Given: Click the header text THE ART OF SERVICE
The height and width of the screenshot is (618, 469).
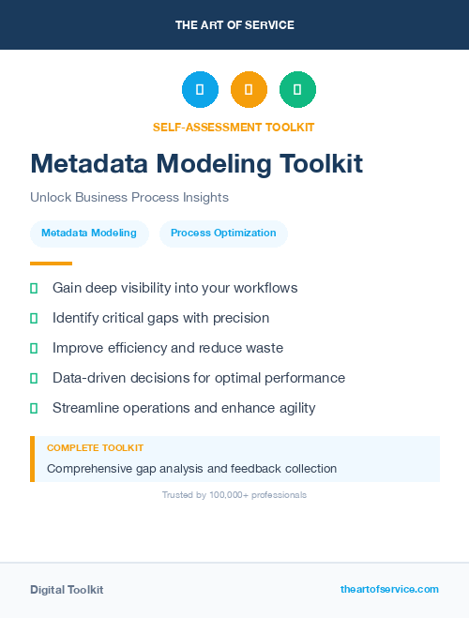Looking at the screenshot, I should [234, 25].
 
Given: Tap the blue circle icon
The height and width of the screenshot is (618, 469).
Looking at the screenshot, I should [200, 90].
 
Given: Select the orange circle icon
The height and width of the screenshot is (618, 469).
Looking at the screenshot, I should [249, 90].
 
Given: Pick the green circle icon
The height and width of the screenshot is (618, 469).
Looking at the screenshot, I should [297, 90].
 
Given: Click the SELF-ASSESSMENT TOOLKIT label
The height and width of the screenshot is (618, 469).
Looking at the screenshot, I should [234, 127].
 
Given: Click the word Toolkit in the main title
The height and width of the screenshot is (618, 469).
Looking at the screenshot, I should [320, 164].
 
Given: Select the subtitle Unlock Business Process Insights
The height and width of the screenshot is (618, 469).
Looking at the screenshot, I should [129, 198].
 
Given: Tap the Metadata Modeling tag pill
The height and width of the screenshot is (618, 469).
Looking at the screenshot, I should [89, 234].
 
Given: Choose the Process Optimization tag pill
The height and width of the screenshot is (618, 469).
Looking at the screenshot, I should [223, 234].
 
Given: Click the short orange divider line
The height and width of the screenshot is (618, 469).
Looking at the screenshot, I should [51, 264].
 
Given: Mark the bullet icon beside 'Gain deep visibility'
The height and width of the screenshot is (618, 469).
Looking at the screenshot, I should [34, 288].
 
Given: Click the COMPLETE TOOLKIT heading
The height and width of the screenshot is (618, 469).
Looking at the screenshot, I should [95, 448].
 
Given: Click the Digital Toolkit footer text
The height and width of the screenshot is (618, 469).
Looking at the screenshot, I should [67, 590].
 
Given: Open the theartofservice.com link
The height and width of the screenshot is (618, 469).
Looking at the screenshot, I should [389, 589].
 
